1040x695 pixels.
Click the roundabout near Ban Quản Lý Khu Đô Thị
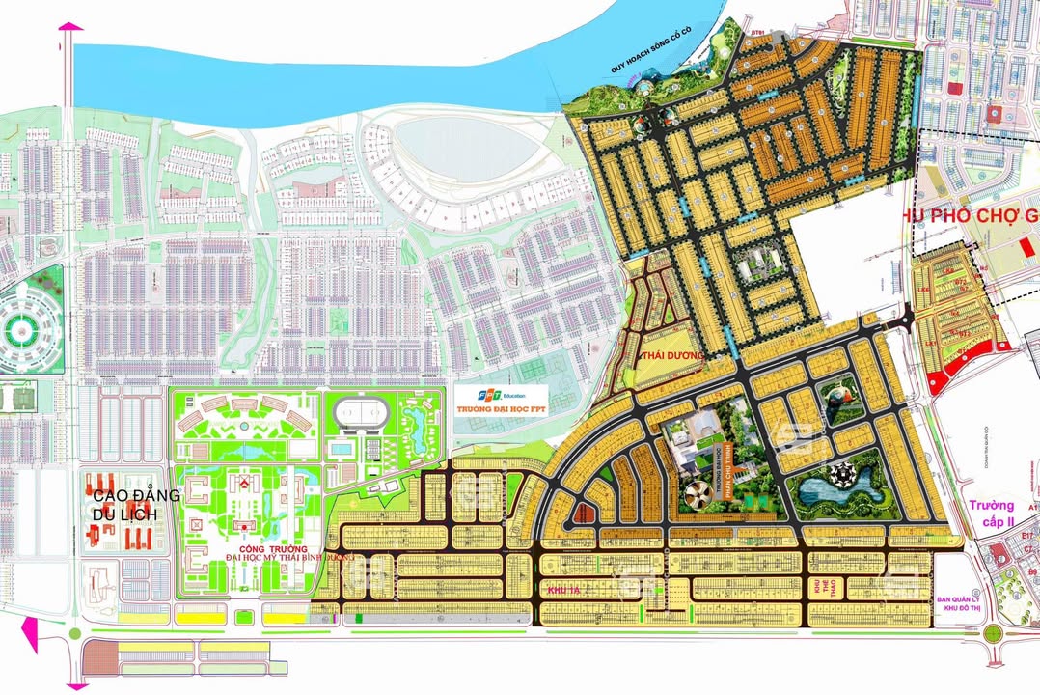click(x=993, y=634)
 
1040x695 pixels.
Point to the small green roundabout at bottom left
click(x=74, y=634)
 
